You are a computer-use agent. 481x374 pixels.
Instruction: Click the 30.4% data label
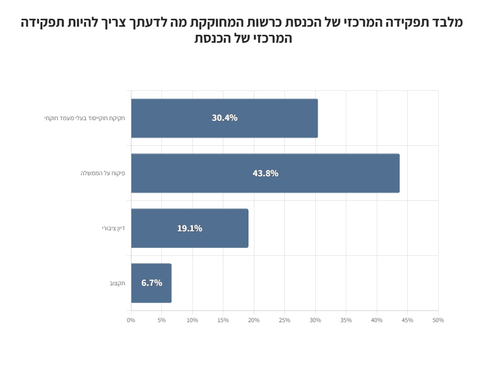point(224,118)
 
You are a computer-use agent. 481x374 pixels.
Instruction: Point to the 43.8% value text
point(266,173)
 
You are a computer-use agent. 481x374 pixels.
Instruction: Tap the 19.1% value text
point(190,228)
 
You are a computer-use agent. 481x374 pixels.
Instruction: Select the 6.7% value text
point(152,283)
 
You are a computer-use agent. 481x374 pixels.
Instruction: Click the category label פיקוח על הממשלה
point(103,173)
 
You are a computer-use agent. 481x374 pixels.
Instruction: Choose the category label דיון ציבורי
point(113,228)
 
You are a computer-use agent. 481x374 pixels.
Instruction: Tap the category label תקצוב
point(117,283)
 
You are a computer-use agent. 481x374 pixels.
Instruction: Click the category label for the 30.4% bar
point(84,118)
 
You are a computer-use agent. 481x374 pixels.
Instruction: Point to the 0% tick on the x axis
point(131,320)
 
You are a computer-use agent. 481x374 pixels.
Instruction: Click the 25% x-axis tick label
point(284,320)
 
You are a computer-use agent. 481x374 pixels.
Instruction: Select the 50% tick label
point(438,320)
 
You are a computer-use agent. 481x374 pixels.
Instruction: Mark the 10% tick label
point(192,320)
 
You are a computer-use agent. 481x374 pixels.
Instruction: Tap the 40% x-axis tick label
point(377,320)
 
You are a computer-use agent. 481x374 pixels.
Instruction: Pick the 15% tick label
point(223,320)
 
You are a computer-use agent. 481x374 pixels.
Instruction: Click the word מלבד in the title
point(447,22)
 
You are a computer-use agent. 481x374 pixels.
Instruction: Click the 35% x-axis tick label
point(346,320)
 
